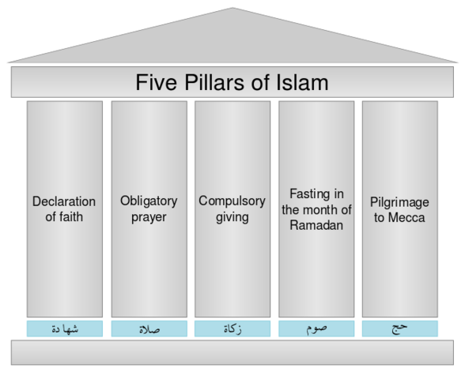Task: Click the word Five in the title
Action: coord(155,83)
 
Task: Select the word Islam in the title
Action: coord(301,83)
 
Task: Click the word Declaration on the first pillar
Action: coord(64,201)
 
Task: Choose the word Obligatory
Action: coord(149,201)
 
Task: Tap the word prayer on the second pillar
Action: coord(149,216)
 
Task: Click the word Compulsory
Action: coord(232,201)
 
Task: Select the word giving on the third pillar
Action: coord(232,216)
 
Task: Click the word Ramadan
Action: coord(316,224)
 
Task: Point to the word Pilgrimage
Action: coord(399,201)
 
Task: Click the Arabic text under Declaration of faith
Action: coord(65,328)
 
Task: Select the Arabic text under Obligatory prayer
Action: coord(149,328)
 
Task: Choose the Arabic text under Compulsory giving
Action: coord(232,328)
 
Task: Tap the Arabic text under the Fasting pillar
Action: coord(316,328)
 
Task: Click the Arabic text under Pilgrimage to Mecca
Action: coord(399,328)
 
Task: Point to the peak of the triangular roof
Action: coord(232,9)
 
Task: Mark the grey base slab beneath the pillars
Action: coord(232,353)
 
